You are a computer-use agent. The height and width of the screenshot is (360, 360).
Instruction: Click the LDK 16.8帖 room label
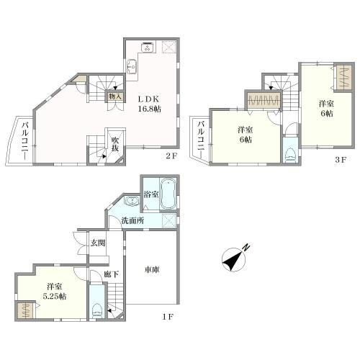[149, 104]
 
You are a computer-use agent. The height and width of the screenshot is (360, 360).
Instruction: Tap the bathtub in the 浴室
[168, 194]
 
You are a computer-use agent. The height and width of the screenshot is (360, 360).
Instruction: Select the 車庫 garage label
[152, 270]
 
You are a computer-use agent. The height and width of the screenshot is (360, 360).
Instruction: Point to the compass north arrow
[233, 259]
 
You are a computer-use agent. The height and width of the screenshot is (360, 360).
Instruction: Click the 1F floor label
[167, 317]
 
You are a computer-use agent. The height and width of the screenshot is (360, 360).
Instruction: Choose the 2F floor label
[171, 156]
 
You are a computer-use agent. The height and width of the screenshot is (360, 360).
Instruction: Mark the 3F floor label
[341, 160]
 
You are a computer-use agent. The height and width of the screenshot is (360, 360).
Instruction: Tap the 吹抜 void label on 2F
[115, 144]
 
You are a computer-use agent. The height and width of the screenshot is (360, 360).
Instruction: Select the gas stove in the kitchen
[148, 47]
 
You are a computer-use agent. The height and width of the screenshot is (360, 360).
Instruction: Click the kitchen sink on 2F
[132, 66]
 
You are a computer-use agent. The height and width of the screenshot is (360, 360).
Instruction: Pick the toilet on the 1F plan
[97, 311]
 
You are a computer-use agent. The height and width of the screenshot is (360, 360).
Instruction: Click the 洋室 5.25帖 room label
[55, 292]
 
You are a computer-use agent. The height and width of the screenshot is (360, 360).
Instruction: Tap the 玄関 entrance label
[98, 243]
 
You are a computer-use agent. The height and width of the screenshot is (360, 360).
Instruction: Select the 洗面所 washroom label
[132, 220]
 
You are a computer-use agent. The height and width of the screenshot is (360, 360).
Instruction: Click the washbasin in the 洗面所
[131, 201]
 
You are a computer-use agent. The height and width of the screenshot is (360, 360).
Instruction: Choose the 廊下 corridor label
[112, 274]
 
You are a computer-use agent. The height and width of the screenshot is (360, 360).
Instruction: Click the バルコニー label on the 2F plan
[24, 141]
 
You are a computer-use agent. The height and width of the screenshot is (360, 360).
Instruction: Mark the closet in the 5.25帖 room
[24, 310]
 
